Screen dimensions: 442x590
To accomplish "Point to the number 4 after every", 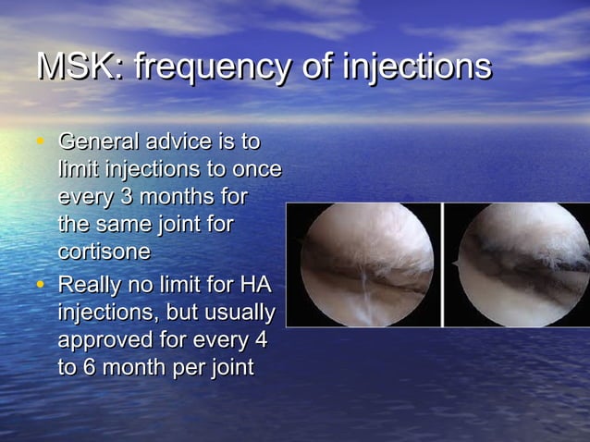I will click(x=260, y=339).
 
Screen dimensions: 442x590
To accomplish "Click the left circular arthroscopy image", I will click(x=366, y=264).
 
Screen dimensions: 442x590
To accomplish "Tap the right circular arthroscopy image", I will click(x=523, y=264).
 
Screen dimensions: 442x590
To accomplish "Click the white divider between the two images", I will click(x=445, y=264).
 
